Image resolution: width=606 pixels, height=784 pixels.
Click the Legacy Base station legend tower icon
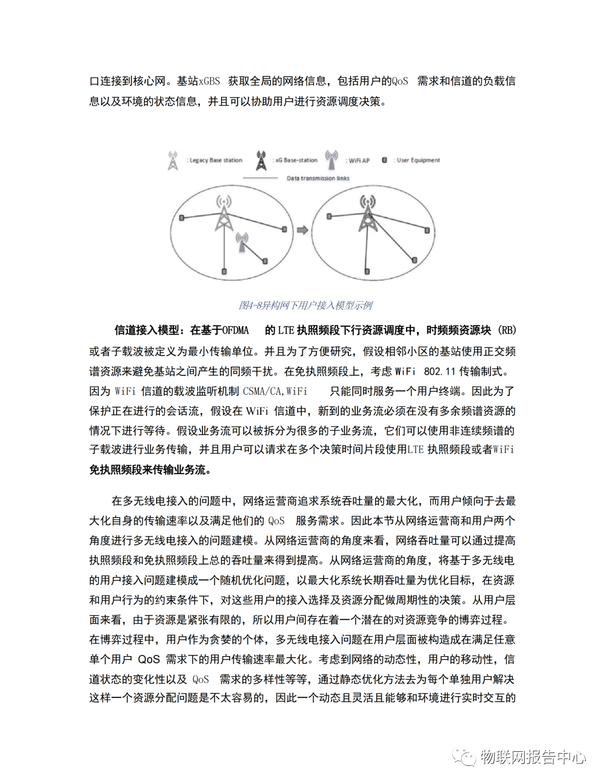(x=173, y=161)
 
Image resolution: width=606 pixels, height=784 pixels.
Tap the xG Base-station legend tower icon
(x=261, y=161)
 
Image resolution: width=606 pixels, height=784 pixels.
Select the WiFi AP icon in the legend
(x=331, y=160)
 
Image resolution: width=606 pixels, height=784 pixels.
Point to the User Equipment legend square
(x=384, y=160)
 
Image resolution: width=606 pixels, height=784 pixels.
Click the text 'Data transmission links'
(x=318, y=178)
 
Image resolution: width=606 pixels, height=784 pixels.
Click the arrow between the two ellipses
(x=302, y=230)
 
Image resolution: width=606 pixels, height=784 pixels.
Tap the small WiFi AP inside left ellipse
(x=242, y=242)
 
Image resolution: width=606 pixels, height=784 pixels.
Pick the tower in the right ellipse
(x=367, y=213)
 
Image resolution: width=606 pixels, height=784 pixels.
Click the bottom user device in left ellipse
(x=224, y=272)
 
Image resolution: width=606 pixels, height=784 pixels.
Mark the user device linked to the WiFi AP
(x=265, y=261)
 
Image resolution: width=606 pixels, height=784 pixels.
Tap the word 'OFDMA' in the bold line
(x=235, y=330)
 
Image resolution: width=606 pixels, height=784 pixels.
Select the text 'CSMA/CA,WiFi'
(x=275, y=391)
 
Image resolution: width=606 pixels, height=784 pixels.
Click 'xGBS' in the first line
(x=209, y=81)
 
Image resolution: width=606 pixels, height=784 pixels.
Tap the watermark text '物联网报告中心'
(x=533, y=757)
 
